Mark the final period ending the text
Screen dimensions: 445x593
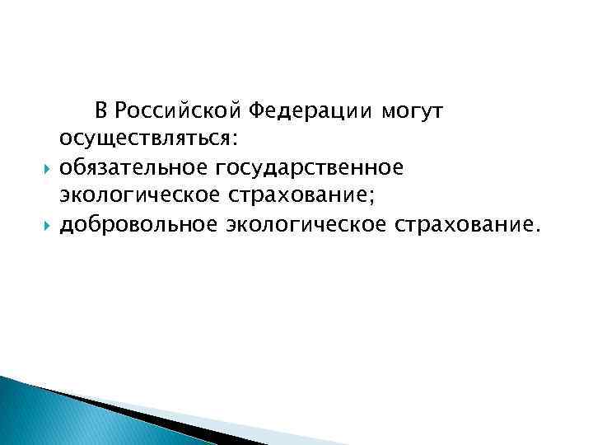click(x=539, y=230)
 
